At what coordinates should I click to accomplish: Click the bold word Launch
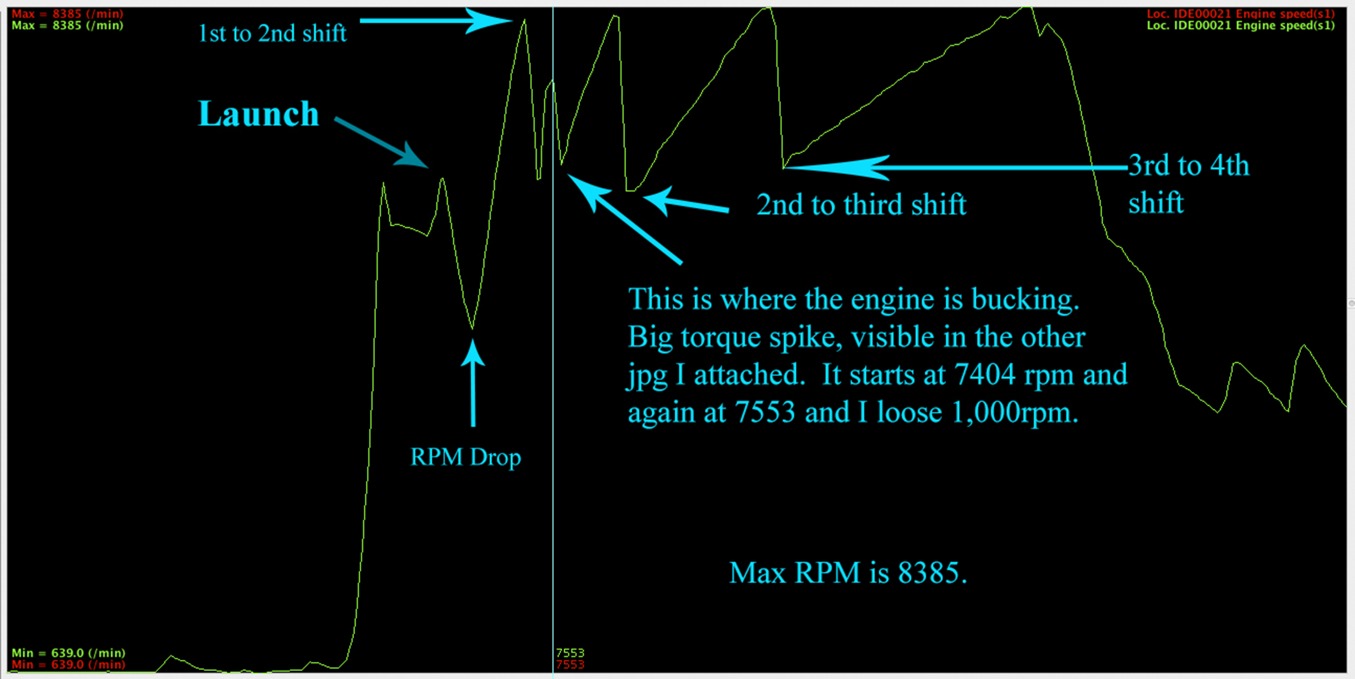tap(259, 114)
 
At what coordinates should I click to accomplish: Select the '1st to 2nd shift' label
tap(272, 34)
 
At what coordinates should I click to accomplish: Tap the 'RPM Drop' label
tap(465, 457)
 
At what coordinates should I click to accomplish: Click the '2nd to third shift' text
tap(861, 204)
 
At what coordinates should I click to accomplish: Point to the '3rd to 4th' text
tap(1188, 166)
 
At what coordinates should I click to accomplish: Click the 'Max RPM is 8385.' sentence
tap(848, 573)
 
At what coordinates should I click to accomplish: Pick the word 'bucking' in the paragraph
tap(1025, 299)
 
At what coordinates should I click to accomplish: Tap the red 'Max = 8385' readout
tap(67, 14)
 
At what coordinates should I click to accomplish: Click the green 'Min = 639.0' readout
tap(68, 653)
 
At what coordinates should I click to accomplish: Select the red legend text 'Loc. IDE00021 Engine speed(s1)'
tap(1240, 14)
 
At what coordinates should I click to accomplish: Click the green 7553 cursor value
tap(570, 653)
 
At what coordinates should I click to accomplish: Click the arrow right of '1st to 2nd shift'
tap(435, 21)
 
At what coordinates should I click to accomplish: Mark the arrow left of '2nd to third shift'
tap(686, 203)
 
